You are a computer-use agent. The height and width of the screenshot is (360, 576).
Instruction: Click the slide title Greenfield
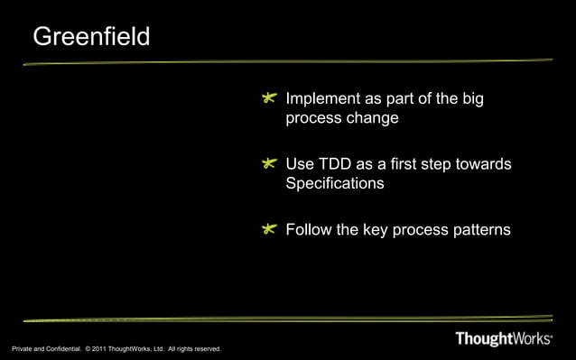point(91,38)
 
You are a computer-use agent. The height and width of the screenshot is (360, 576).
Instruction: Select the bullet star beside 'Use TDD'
point(269,165)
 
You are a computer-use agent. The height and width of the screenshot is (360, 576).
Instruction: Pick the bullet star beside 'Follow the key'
point(269,231)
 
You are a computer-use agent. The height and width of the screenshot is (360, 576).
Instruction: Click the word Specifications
point(334,184)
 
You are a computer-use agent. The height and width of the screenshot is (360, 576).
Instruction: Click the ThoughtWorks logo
point(503,340)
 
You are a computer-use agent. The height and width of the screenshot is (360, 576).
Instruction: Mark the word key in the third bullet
point(376,230)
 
